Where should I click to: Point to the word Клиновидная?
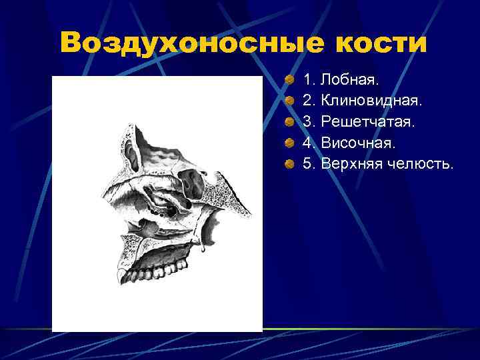371,101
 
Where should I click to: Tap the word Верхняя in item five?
352,163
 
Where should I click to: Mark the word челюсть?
421,163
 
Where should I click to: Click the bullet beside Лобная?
288,81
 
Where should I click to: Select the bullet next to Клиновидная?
288,101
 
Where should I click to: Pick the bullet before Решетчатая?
288,122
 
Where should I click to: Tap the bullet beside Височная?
288,143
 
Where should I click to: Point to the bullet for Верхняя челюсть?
288,163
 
